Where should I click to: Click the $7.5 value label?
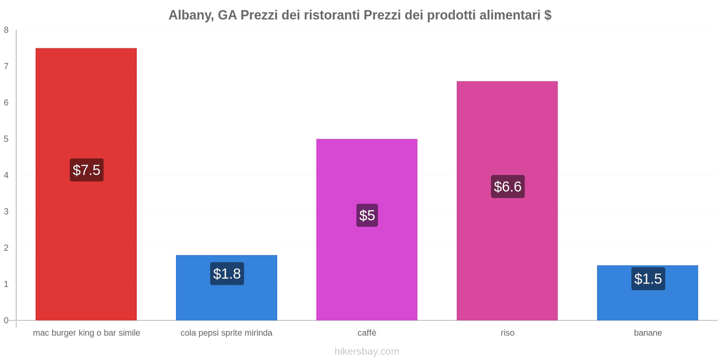pyautogui.click(x=86, y=170)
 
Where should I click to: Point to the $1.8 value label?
pyautogui.click(x=227, y=274)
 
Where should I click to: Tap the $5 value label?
pyautogui.click(x=367, y=215)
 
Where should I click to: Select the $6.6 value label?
pyautogui.click(x=508, y=186)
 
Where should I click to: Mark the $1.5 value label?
pyautogui.click(x=648, y=279)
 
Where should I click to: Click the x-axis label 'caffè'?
pyautogui.click(x=367, y=333)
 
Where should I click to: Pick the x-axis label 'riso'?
pyautogui.click(x=507, y=333)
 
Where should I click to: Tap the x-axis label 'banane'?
pyautogui.click(x=648, y=333)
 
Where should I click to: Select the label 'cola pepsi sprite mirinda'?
pyautogui.click(x=226, y=333)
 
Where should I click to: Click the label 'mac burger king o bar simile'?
pyautogui.click(x=86, y=333)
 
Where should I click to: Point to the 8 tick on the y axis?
pyautogui.click(x=6, y=30)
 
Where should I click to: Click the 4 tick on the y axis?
pyautogui.click(x=6, y=175)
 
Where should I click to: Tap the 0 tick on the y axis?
pyautogui.click(x=6, y=320)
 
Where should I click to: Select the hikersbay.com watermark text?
pyautogui.click(x=367, y=351)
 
